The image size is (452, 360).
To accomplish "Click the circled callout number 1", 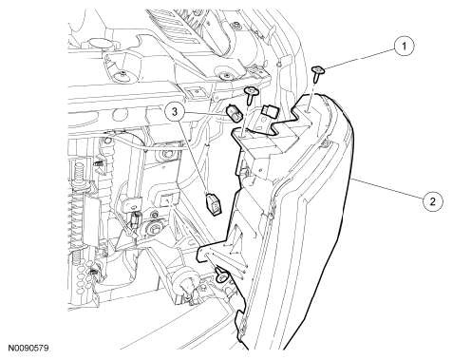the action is (x=404, y=47).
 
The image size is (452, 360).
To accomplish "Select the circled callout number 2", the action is (x=433, y=200).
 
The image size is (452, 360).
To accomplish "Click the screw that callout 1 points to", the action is (x=317, y=73).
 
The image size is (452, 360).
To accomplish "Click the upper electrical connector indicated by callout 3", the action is (x=235, y=114).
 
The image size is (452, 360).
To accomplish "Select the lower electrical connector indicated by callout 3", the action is (x=214, y=204).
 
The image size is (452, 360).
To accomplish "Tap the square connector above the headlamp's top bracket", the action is (x=270, y=111).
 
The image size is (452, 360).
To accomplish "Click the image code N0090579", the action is (x=28, y=349).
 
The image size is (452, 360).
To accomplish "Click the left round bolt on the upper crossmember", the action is (x=122, y=76).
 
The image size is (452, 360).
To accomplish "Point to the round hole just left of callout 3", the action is (x=120, y=113).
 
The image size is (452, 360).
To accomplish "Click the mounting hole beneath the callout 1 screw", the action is (x=308, y=110).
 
